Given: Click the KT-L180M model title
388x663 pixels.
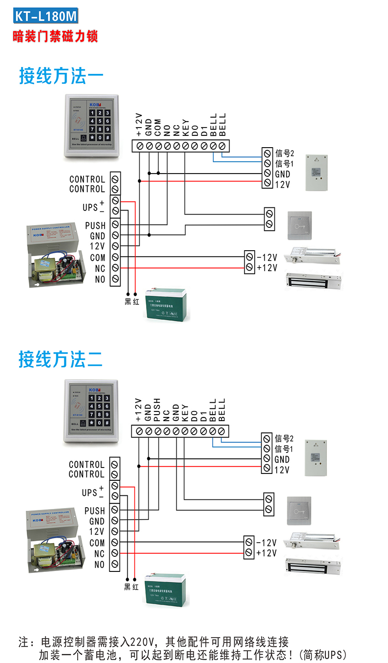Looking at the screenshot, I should [x=46, y=16].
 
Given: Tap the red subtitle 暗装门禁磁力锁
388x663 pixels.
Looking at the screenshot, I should [x=55, y=36].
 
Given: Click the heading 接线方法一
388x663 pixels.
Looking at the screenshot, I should [x=61, y=76].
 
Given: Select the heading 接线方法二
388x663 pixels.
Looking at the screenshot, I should [x=60, y=360].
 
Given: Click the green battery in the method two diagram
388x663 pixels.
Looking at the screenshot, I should [x=165, y=590].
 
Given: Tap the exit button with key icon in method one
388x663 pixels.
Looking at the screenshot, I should [x=299, y=225].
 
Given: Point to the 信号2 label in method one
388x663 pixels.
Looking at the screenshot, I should [x=285, y=154].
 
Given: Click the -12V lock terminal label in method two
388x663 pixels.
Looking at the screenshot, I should [x=267, y=543].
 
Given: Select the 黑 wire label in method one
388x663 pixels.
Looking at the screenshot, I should [x=128, y=302].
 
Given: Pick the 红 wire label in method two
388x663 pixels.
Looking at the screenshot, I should [x=135, y=587].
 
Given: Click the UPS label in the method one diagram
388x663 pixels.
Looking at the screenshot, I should [x=90, y=207].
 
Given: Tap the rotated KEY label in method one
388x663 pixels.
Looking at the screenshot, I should [x=185, y=128].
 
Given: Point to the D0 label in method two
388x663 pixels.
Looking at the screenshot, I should [x=194, y=416].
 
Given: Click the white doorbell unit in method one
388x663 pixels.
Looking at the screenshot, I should [x=317, y=172].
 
